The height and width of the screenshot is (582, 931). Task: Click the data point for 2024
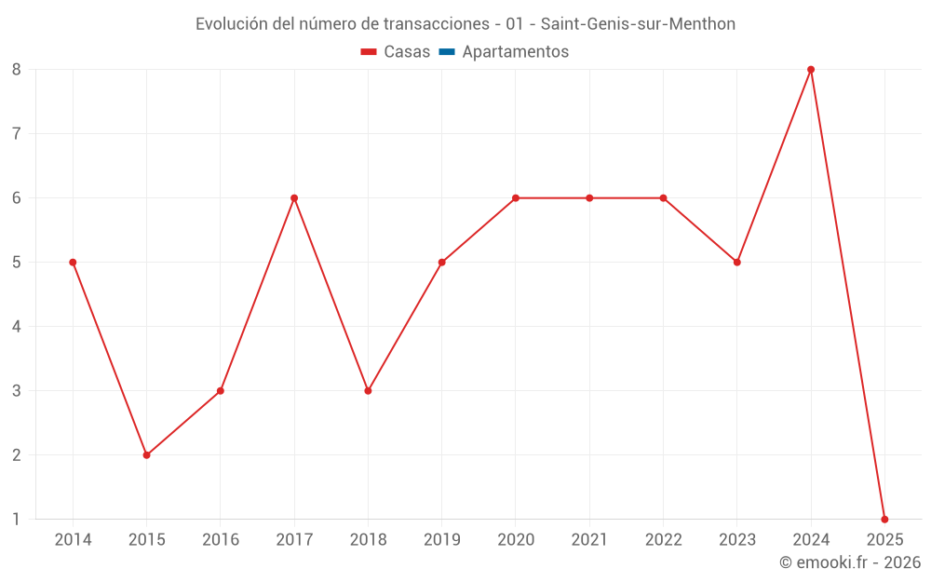pos(811,70)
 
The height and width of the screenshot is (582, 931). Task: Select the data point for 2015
pos(146,455)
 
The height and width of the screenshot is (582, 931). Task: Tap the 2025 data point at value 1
pos(884,520)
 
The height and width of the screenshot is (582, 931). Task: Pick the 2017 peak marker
pos(294,198)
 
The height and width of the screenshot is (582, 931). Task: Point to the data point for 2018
pos(368,391)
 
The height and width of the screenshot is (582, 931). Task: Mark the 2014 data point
pos(73,263)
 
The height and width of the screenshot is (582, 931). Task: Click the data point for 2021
pos(589,198)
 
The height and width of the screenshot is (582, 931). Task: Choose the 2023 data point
pos(736,263)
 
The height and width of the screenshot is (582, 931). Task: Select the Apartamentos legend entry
pos(515,52)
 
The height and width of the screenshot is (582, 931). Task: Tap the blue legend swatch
pos(446,52)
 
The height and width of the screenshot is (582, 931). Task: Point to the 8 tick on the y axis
pos(17,70)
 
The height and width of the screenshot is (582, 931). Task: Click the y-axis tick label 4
pos(17,327)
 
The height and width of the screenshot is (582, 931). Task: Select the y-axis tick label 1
pos(17,520)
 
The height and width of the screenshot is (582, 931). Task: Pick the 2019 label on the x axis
pos(441,540)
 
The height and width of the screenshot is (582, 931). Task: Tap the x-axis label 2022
pos(663,540)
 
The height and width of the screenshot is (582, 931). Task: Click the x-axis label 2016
pos(221,540)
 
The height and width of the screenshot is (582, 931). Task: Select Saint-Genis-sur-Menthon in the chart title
pos(638,24)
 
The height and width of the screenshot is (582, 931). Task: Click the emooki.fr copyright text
pos(850,562)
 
